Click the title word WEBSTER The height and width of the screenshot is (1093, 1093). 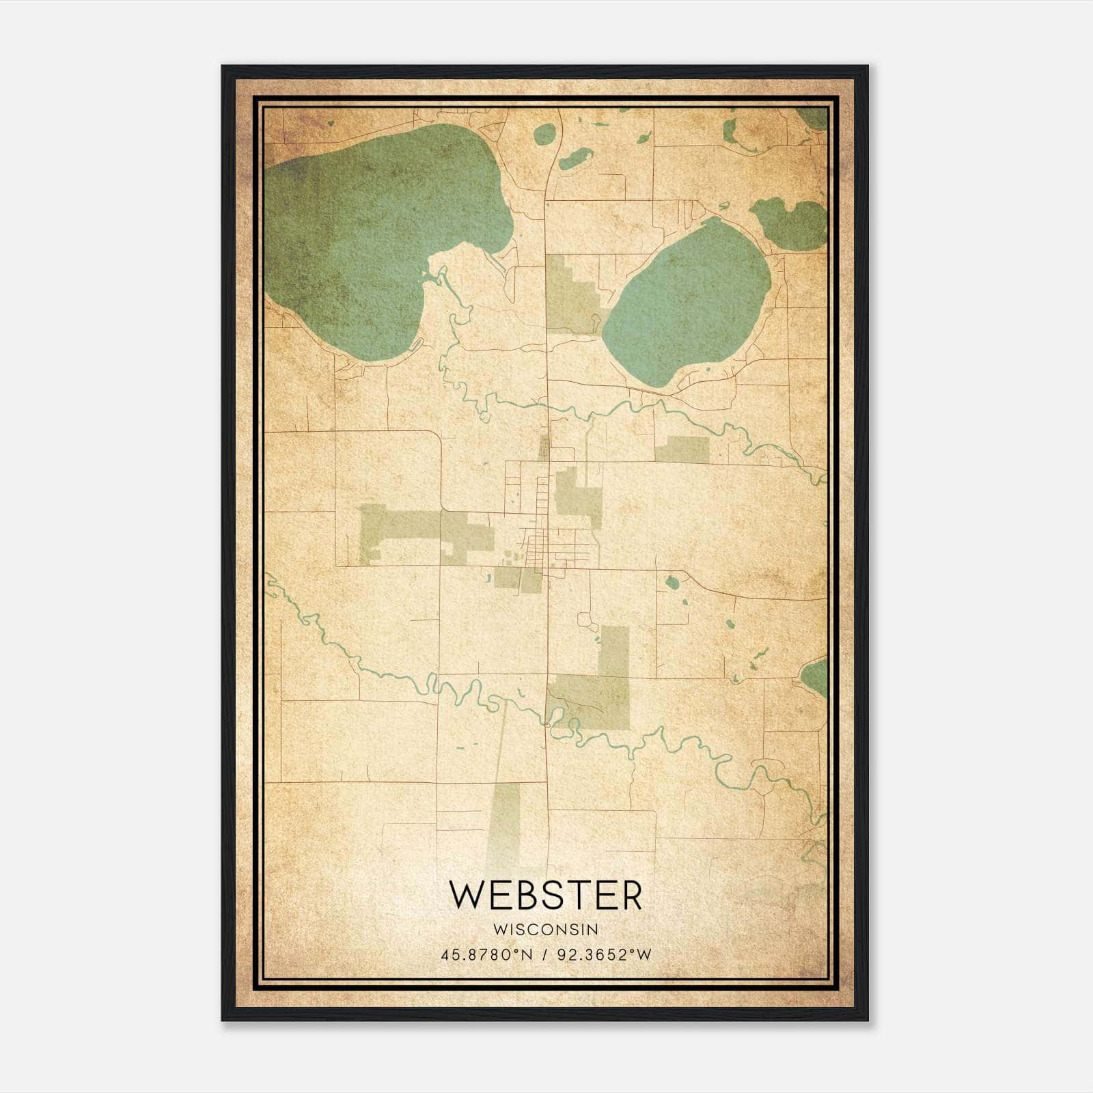pyautogui.click(x=546, y=895)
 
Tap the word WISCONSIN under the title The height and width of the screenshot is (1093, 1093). pyautogui.click(x=546, y=930)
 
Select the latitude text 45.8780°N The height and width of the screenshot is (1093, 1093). pyautogui.click(x=486, y=954)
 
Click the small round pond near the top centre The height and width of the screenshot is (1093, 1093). pyautogui.click(x=544, y=134)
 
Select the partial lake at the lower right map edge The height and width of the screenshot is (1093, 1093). pyautogui.click(x=815, y=676)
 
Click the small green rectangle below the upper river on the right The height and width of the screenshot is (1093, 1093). pyautogui.click(x=682, y=449)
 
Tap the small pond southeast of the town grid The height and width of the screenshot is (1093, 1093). pyautogui.click(x=672, y=583)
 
